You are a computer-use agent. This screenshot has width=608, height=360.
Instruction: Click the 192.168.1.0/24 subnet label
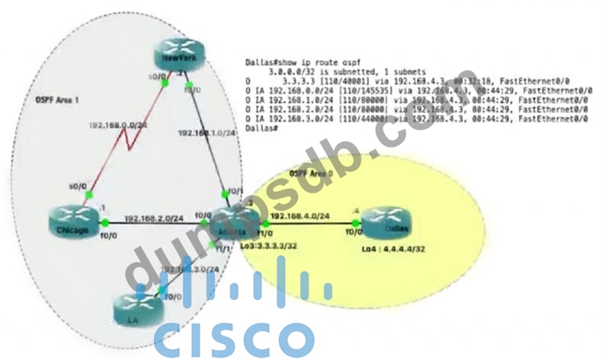click(x=205, y=133)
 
